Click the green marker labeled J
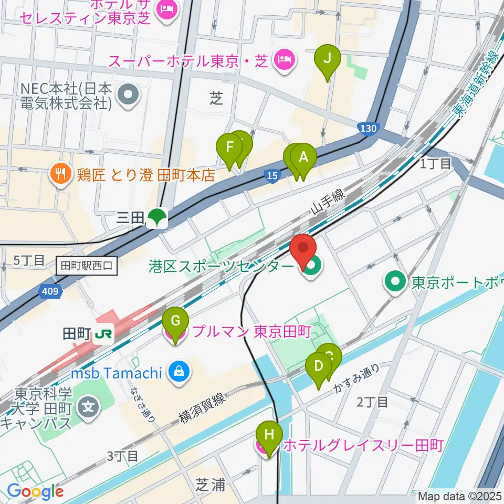coord(327,58)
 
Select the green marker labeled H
coord(269,435)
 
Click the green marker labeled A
coord(303,157)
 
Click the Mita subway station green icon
coord(156,218)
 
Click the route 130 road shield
coord(369,128)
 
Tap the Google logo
coord(35,491)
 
